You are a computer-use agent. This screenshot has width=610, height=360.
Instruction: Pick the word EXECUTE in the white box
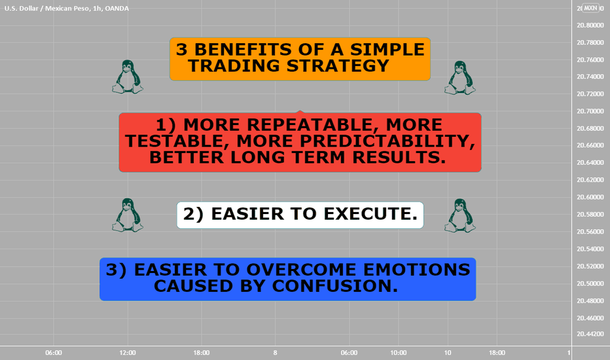[x=370, y=213]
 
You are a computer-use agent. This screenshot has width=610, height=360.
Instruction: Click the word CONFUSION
[x=335, y=286]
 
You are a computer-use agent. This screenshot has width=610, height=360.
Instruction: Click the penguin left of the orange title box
[x=128, y=77]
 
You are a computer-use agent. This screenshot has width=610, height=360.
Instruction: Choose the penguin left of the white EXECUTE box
[x=128, y=215]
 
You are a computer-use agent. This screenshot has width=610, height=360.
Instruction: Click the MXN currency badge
[x=590, y=8]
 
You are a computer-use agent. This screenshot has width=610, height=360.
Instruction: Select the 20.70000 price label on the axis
[x=590, y=111]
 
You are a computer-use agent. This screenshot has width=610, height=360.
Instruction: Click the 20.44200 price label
[x=590, y=334]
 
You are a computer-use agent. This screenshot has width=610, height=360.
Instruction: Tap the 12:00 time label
[x=128, y=353]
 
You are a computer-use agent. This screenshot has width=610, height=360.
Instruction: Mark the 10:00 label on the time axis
[x=398, y=353]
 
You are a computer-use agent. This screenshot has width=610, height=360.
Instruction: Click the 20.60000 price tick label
[x=590, y=197]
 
